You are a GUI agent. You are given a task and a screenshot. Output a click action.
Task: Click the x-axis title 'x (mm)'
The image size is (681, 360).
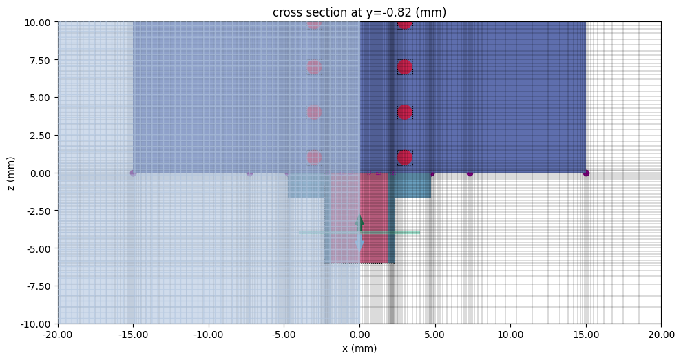[x=359, y=348]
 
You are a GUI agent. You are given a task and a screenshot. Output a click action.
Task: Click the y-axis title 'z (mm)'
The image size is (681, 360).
[x=10, y=173]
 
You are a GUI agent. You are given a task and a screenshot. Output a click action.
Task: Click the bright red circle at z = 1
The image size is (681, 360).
[x=405, y=158]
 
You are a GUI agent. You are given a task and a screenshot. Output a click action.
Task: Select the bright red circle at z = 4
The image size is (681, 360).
[x=405, y=112]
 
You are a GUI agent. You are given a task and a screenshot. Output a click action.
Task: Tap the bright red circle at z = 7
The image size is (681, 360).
[x=405, y=67]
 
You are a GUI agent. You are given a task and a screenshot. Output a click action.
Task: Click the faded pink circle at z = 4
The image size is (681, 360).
[x=315, y=112]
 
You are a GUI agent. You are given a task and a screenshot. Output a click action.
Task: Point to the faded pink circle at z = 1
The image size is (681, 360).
[x=315, y=158]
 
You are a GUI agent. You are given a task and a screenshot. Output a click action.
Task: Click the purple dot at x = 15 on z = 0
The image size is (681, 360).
[x=586, y=173]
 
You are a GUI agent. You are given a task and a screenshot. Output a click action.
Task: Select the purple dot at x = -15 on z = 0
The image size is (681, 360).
[x=133, y=173]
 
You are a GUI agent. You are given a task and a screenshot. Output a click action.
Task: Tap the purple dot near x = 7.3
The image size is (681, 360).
[x=470, y=173]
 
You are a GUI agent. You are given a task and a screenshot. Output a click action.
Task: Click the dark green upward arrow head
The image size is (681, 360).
[x=359, y=222]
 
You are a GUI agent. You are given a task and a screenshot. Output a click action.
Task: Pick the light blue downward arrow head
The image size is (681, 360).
[x=359, y=244]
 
